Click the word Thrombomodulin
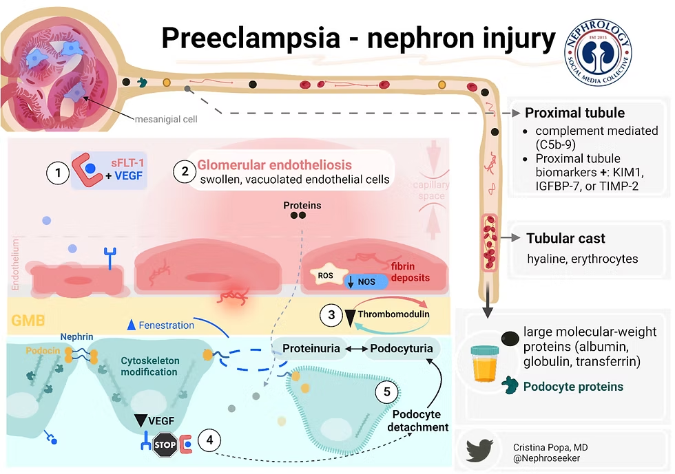(x=393, y=314)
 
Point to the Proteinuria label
(x=311, y=348)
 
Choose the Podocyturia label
(x=400, y=348)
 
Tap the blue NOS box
(x=365, y=280)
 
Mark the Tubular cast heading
(x=565, y=239)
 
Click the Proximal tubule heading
(x=574, y=113)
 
